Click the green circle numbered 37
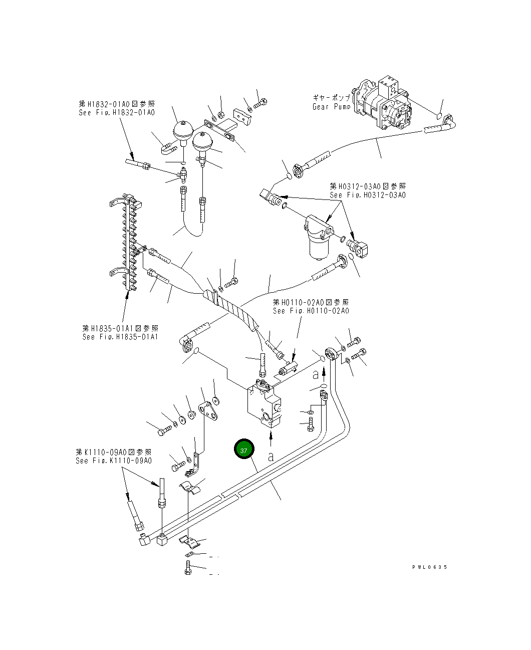point(244,450)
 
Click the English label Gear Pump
point(331,107)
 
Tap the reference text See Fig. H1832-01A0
point(117,113)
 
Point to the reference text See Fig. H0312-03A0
point(368,195)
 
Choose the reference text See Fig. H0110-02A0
point(311,311)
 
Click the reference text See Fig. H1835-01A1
point(120,337)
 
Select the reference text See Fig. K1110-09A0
point(114,461)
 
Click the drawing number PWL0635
point(430,567)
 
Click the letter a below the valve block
point(271,457)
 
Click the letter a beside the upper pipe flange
point(316,374)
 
